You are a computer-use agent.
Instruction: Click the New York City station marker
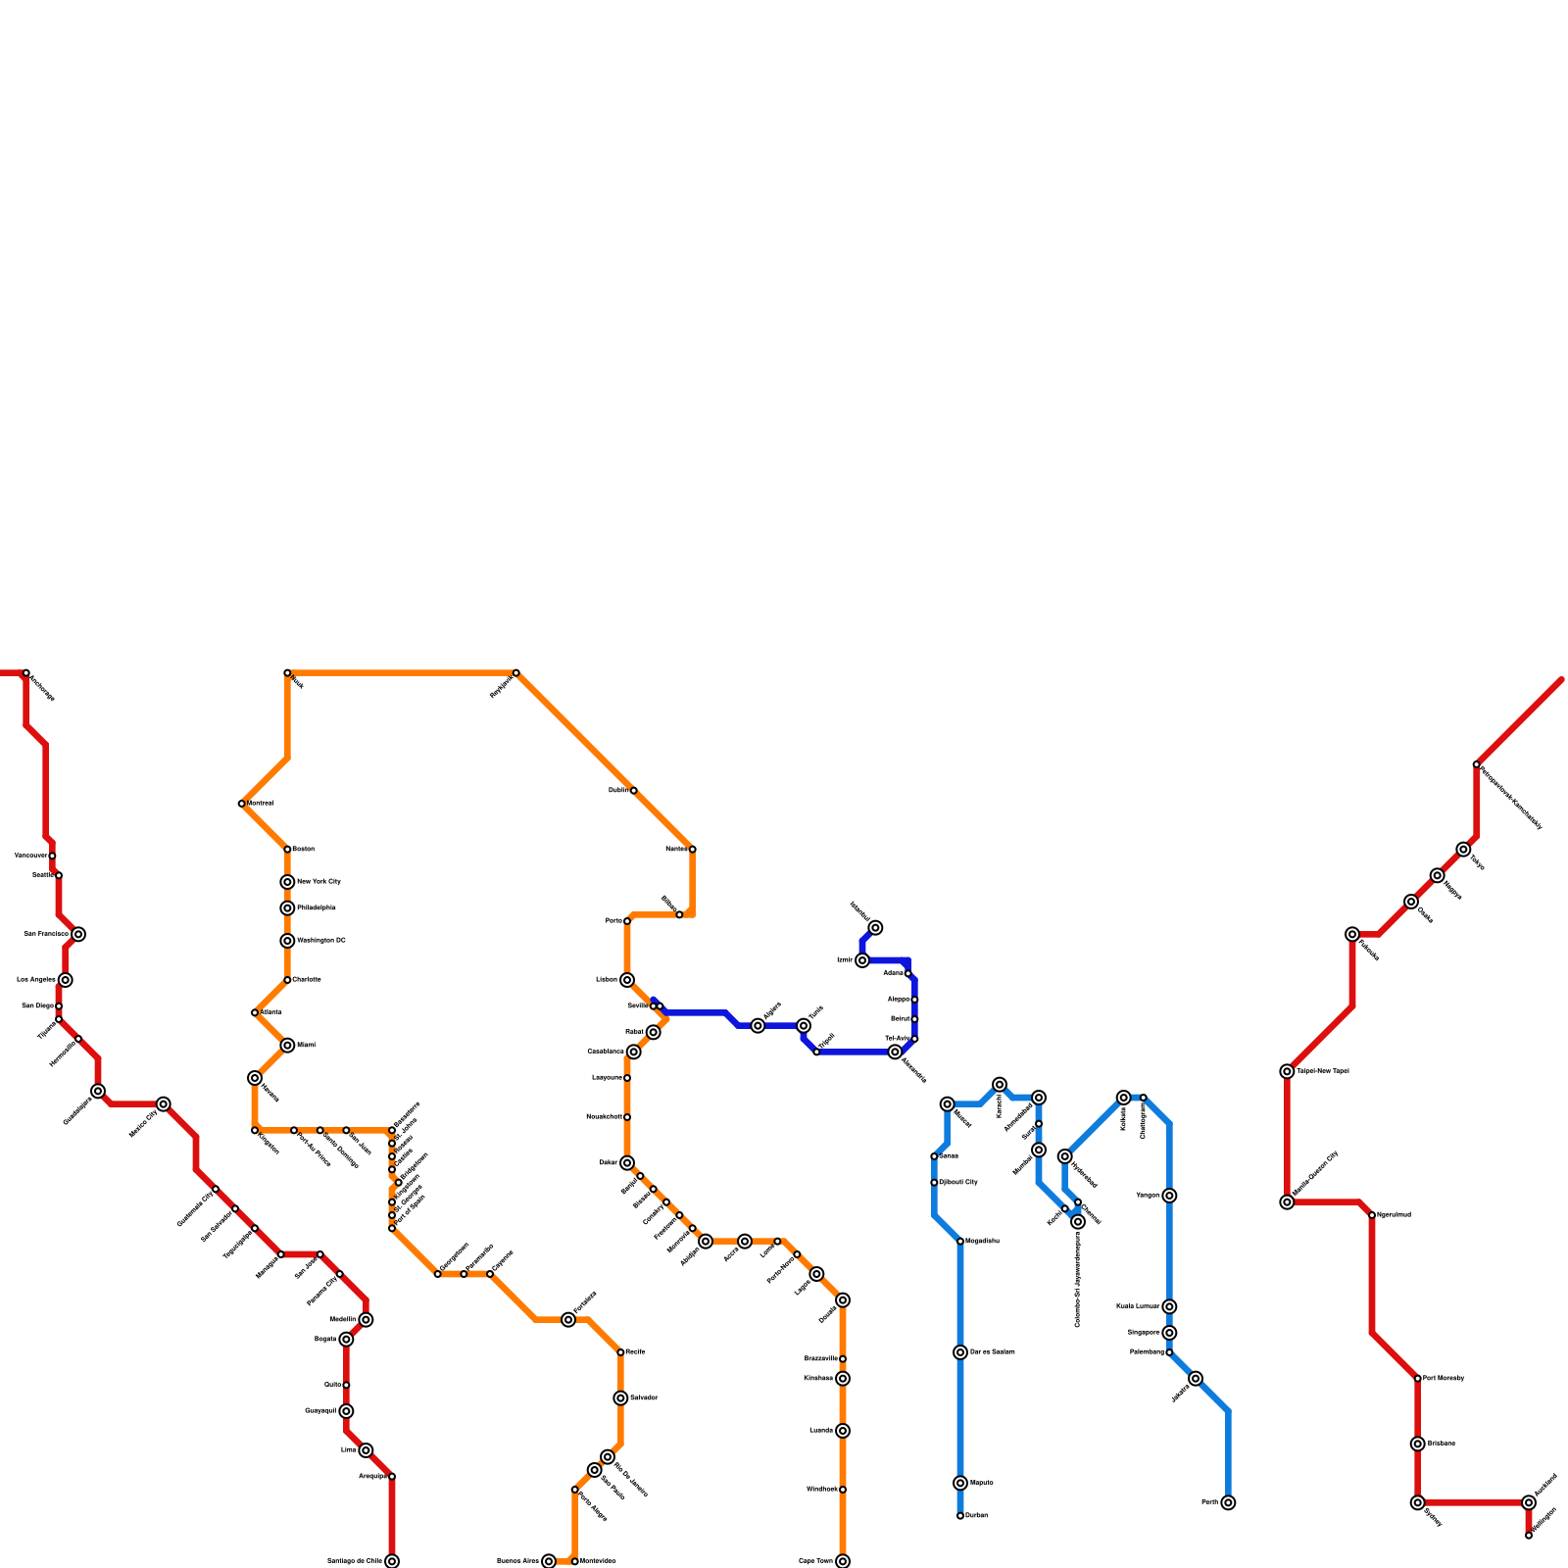point(287,882)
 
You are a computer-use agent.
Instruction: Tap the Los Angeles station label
point(36,980)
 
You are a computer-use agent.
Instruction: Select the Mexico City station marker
point(164,1104)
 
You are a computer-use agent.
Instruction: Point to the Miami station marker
point(287,1046)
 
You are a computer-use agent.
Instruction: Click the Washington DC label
point(321,941)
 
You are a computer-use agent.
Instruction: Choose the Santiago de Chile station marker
point(392,1561)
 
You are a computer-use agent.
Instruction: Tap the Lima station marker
point(366,1450)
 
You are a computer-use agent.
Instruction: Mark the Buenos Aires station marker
point(549,1561)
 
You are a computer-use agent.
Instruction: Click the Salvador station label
point(644,1397)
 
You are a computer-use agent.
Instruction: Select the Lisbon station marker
point(627,980)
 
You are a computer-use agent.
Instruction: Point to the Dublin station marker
point(634,791)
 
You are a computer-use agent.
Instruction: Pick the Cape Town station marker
point(843,1561)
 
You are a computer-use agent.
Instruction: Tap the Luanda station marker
point(843,1431)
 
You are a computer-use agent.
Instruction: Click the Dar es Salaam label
point(992,1352)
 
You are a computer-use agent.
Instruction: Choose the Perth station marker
point(1228,1502)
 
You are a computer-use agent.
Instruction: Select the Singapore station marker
point(1169,1333)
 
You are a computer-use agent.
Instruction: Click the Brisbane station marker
point(1418,1444)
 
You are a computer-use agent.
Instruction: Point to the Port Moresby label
point(1444,1379)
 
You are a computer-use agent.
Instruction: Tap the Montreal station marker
point(242,804)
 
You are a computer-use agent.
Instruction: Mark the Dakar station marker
point(627,1163)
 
